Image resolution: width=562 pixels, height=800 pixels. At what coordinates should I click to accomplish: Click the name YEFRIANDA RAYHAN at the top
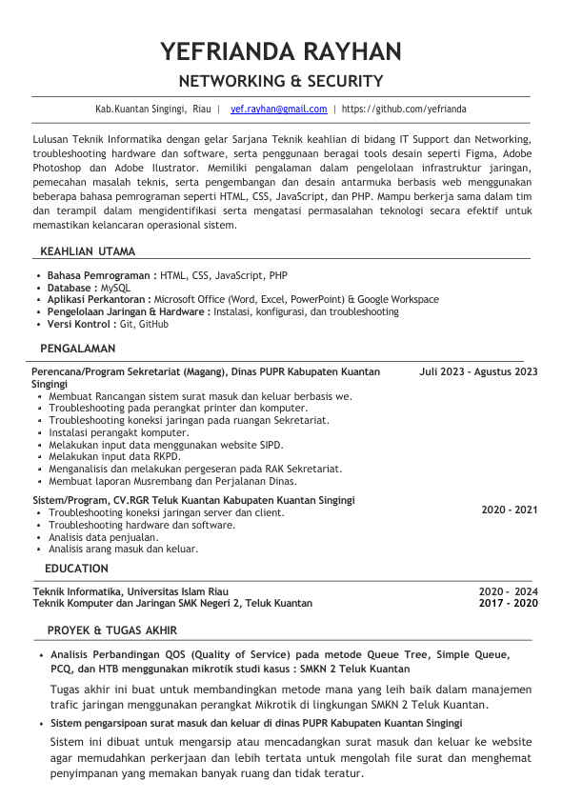tap(281, 51)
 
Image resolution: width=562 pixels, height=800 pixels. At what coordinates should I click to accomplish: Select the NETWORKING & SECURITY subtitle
tap(281, 81)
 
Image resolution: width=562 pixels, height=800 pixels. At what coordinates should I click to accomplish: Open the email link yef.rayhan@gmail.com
tap(278, 110)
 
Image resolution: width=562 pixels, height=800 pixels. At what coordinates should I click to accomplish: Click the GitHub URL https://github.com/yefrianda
tap(404, 110)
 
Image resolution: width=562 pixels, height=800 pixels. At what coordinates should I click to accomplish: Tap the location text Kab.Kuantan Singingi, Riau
tap(153, 110)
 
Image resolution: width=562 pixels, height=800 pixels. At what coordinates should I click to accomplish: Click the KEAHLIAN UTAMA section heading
tap(88, 251)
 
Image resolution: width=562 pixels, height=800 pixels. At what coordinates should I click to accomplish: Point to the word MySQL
tap(115, 288)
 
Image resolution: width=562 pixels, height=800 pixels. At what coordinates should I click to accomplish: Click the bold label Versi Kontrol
tap(82, 325)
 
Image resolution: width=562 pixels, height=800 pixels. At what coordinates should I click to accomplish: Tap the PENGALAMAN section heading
tap(78, 349)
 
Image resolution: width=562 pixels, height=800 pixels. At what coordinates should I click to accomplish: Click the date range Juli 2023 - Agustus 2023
tap(478, 372)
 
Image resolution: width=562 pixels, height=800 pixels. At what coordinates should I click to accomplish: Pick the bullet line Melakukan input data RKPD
tap(114, 457)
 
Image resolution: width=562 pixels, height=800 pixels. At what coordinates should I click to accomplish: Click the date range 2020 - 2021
tap(509, 510)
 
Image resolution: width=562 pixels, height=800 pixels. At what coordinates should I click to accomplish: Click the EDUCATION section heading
tap(76, 569)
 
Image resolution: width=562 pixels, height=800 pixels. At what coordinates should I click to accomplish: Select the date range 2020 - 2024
tap(508, 591)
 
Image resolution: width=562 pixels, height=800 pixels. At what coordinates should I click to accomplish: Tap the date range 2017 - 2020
tap(508, 604)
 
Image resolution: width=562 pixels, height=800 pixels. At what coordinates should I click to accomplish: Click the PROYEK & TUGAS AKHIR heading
tap(112, 630)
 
